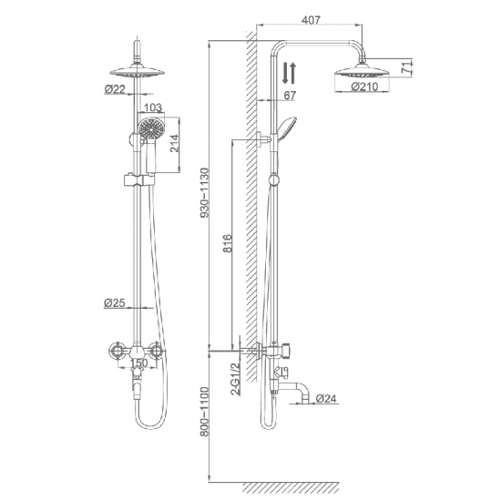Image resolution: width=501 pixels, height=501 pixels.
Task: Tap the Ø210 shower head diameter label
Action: (x=363, y=88)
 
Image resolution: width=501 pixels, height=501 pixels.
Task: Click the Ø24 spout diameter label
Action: (x=329, y=397)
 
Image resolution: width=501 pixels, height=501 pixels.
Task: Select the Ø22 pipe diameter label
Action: (x=116, y=88)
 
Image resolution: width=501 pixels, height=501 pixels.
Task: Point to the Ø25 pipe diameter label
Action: (x=116, y=302)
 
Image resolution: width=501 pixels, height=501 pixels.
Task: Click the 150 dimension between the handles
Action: (x=138, y=363)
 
